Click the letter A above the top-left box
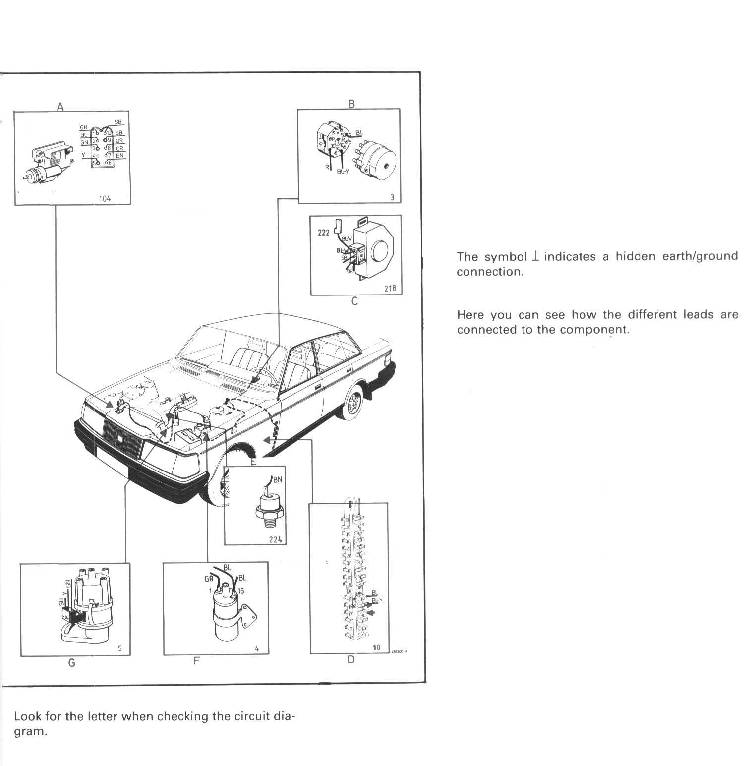[x=60, y=106]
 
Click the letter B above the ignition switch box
[x=351, y=104]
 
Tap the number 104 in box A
[x=105, y=198]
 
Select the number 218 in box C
[x=390, y=288]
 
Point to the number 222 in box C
[x=323, y=232]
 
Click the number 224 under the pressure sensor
[x=276, y=539]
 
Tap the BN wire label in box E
[x=277, y=479]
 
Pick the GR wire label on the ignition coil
[x=209, y=579]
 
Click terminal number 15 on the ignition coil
[x=240, y=590]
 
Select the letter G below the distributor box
[x=72, y=663]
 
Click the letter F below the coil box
[x=196, y=661]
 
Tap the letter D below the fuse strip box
[x=351, y=659]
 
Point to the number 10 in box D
[x=377, y=647]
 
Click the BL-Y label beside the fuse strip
[x=377, y=600]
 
